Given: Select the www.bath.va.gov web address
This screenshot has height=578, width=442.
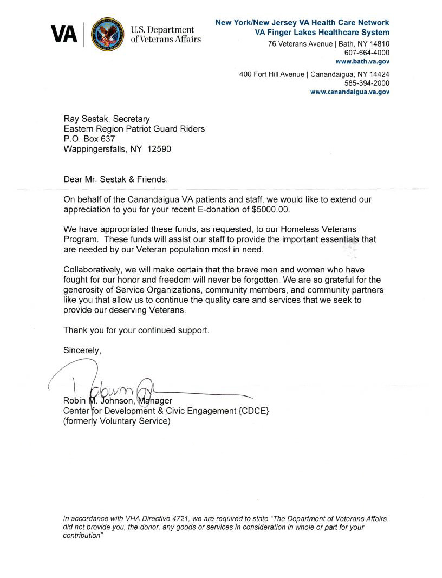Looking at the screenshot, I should point(362,62).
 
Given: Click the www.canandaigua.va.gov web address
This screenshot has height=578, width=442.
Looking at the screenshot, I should point(349,92).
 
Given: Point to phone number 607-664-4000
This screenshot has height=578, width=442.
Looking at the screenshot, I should point(366,53).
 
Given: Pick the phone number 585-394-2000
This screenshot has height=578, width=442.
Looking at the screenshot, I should point(366,83).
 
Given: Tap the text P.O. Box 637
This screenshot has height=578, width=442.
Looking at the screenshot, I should point(89,139).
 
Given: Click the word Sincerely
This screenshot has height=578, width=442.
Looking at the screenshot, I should point(82,350).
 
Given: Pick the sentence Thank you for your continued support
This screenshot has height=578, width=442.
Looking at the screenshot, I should point(136,329).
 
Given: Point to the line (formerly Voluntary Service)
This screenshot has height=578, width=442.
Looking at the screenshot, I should point(116,421).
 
